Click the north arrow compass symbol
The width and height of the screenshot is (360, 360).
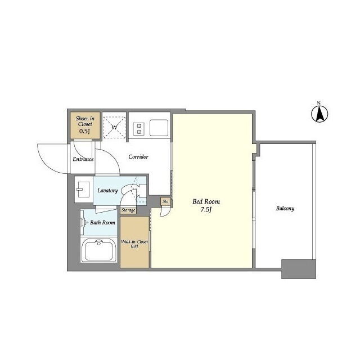(x=319, y=113)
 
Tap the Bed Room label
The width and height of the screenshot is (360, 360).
(x=206, y=201)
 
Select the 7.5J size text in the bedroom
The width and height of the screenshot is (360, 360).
(x=206, y=210)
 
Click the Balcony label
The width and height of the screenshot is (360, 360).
(x=285, y=209)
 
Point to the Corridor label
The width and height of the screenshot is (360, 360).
(x=138, y=156)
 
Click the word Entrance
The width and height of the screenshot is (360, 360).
(x=83, y=159)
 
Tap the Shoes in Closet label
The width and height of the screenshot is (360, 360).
(x=85, y=121)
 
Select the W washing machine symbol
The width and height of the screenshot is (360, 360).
(x=114, y=128)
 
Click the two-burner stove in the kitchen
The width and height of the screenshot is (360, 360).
(x=139, y=129)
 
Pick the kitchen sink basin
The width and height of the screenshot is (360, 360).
(x=159, y=128)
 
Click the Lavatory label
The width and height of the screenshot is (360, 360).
(x=107, y=191)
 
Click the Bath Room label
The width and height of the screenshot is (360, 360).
(x=102, y=223)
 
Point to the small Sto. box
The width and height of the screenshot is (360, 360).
(x=166, y=201)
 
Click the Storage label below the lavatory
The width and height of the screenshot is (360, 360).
(x=128, y=210)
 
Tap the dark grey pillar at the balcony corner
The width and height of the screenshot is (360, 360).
(x=299, y=269)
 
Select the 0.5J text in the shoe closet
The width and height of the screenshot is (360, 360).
(x=84, y=131)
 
